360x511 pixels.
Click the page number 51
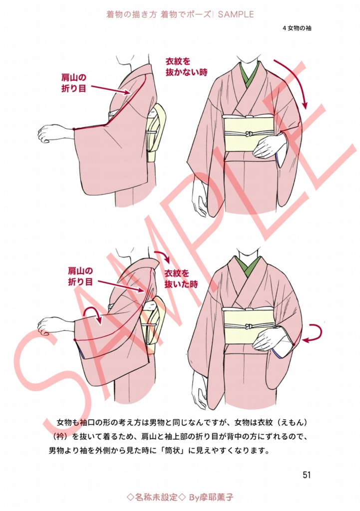pos(307,475)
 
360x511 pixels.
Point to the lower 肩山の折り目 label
pos(80,276)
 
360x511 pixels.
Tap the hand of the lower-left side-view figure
pos(48,326)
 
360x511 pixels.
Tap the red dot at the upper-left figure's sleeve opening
pos(73,129)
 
